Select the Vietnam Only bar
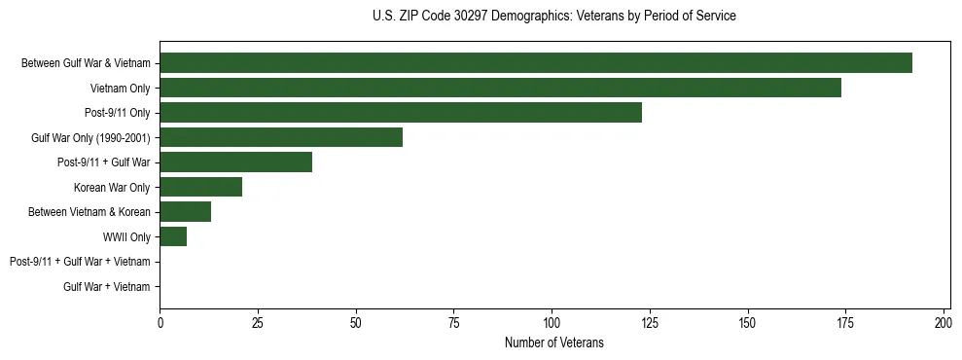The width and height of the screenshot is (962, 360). pos(500,88)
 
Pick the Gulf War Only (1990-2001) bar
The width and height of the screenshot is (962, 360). pos(281,137)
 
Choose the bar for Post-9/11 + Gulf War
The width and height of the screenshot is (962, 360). pos(235,162)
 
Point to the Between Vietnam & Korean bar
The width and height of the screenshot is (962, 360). pos(185,212)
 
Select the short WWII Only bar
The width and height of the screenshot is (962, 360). pos(173,236)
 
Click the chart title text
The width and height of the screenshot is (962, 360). pos(553,17)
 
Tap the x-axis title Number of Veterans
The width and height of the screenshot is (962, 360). pos(553,342)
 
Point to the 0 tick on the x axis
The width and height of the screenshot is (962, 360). pos(160,322)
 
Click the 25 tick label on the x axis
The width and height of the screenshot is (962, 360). pos(258,322)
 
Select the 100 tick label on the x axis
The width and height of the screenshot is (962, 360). pos(552,322)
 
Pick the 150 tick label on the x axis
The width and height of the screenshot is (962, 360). pos(747,322)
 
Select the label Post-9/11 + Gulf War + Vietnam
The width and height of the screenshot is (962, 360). pos(80,262)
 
